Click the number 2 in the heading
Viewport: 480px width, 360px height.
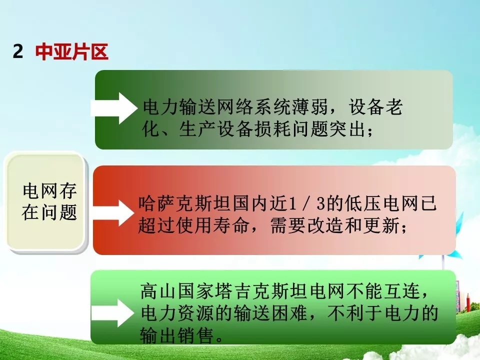(x=18, y=51)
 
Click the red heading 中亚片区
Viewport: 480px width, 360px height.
(x=72, y=51)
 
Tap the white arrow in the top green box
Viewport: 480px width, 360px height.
(x=114, y=108)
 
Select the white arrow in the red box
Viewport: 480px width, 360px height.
(x=113, y=213)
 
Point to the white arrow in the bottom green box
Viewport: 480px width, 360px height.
(x=112, y=313)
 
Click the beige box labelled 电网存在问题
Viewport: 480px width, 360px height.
(x=46, y=202)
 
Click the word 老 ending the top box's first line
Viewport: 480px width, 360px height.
(x=394, y=107)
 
